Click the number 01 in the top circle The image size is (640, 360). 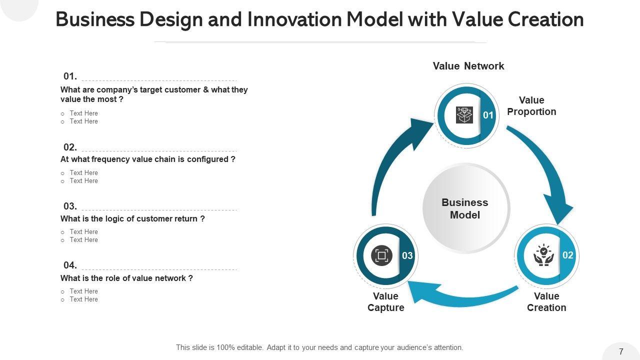488,115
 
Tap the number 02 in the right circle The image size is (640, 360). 567,255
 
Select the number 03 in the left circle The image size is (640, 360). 407,256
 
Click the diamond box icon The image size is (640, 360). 464,115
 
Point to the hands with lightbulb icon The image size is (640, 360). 543,255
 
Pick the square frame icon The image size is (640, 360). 381,256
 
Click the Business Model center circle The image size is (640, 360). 465,208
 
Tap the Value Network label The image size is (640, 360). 468,66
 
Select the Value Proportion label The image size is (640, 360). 531,106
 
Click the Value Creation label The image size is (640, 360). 546,302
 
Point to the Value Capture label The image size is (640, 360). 385,302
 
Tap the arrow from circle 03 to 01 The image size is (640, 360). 395,160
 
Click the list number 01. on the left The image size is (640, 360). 70,76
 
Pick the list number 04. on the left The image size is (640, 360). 70,265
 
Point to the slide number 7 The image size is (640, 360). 621,351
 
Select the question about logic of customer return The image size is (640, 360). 132,219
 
